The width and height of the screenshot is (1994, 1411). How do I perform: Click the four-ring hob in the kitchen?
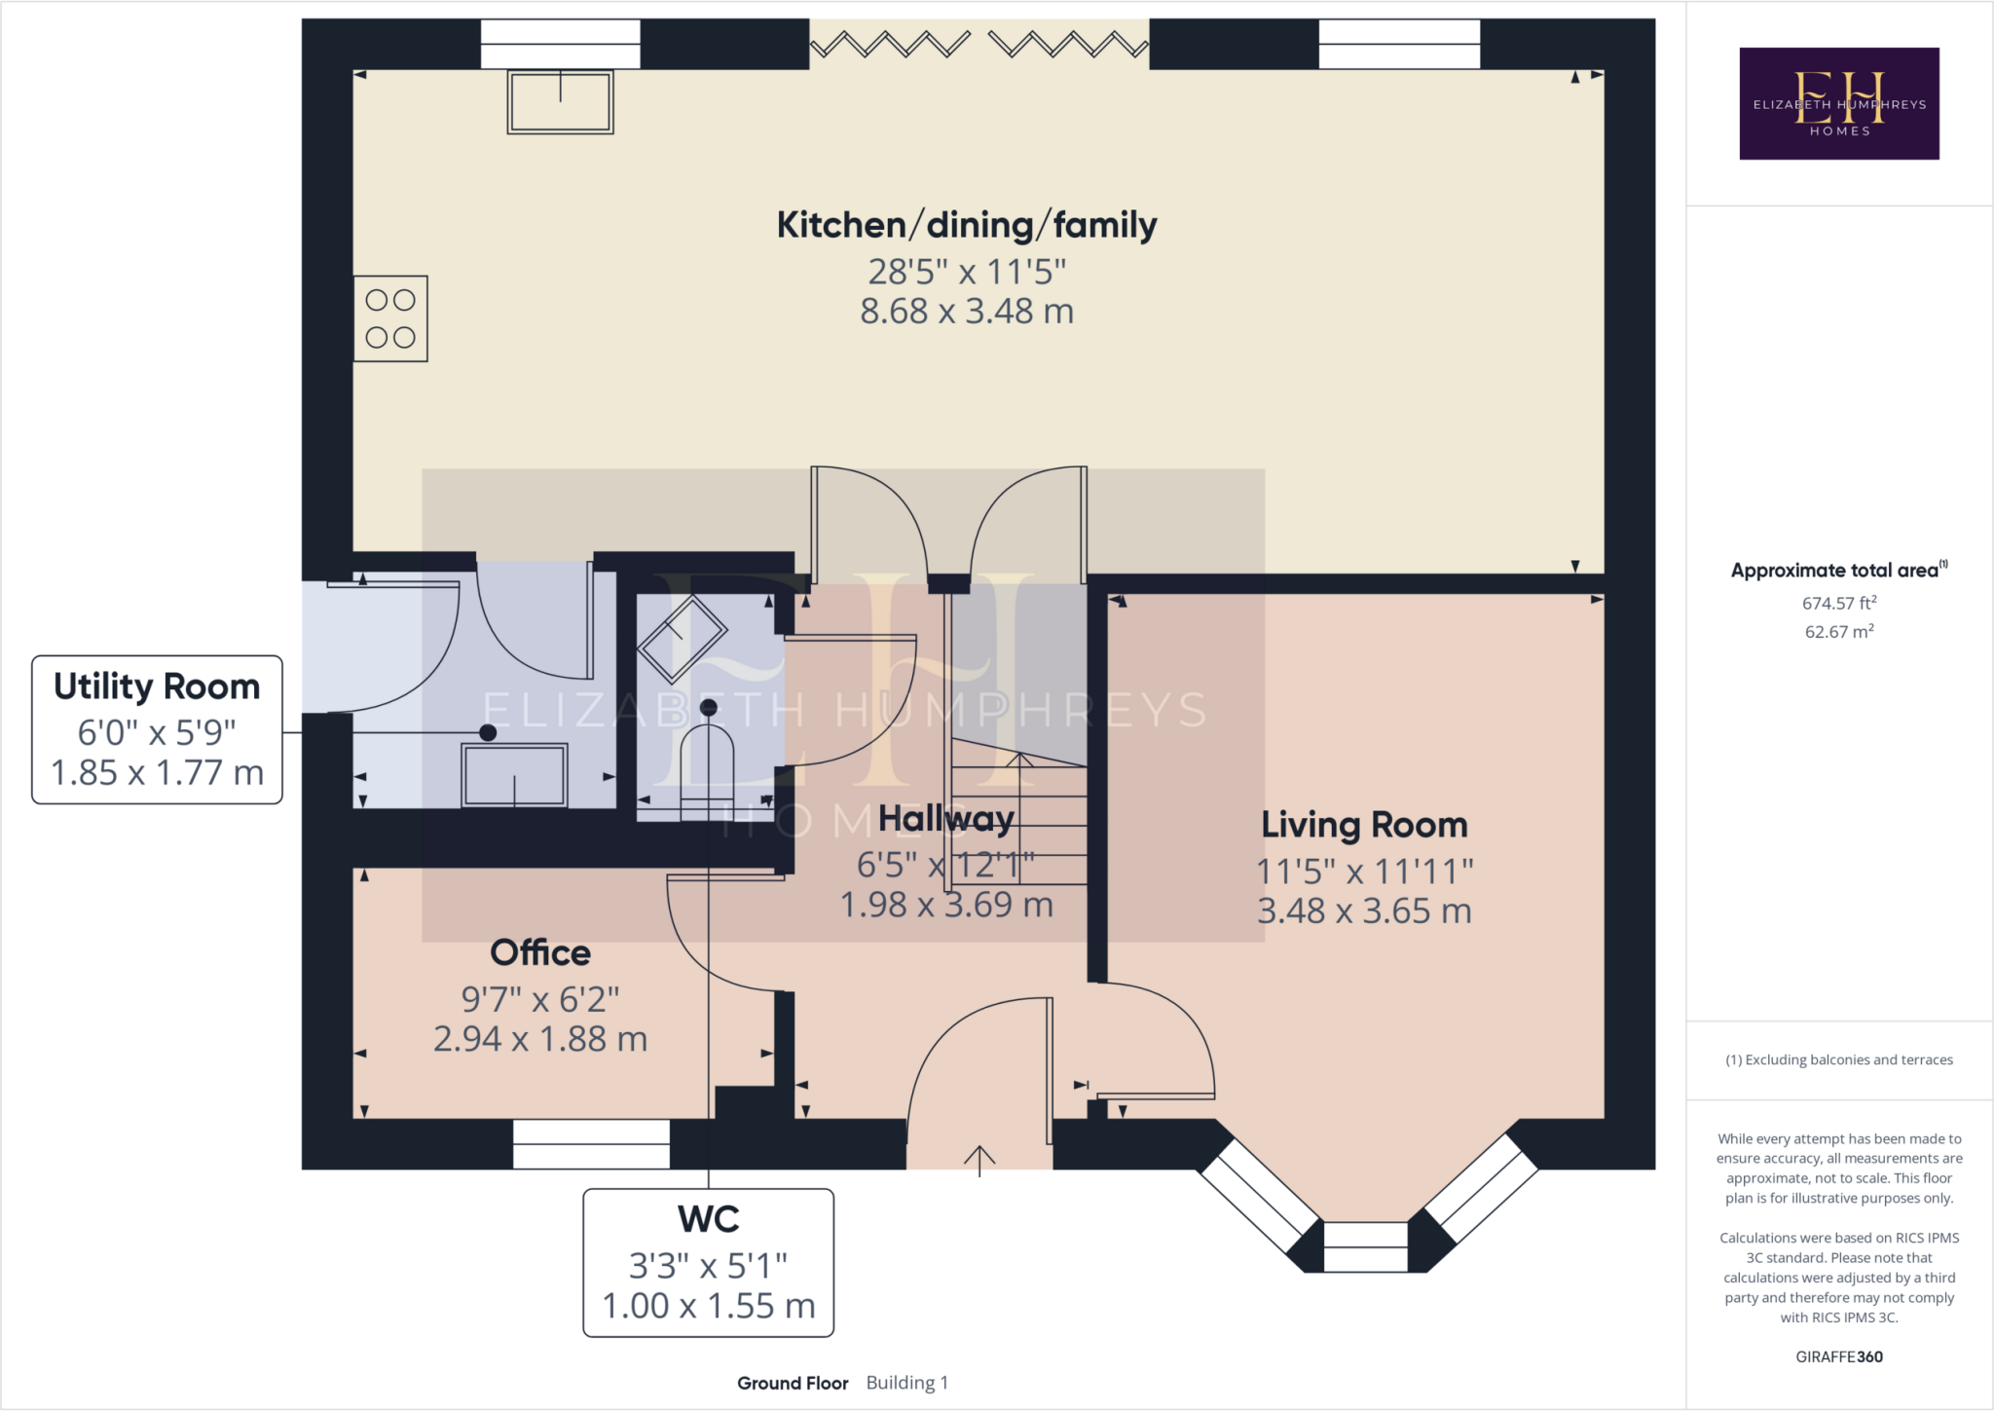(390, 318)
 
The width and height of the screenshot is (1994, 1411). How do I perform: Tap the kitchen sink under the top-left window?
(560, 101)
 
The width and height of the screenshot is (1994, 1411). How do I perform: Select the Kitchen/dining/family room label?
(966, 225)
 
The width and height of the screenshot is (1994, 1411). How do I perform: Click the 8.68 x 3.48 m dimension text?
(966, 312)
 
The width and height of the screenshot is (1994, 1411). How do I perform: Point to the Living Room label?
(1364, 825)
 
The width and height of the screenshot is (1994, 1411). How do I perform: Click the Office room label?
(540, 952)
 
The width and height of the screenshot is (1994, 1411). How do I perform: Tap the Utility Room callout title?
(157, 687)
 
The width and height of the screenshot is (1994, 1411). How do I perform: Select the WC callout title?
(708, 1219)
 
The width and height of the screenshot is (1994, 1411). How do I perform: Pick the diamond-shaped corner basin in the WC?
(682, 639)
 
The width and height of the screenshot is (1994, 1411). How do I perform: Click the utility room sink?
(514, 775)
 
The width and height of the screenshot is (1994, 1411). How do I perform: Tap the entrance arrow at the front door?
(979, 1159)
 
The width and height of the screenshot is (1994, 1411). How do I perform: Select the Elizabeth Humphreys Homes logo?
(1838, 103)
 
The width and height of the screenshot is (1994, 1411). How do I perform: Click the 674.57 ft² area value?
(1838, 603)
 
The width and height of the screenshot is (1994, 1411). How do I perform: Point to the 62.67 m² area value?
(1838, 631)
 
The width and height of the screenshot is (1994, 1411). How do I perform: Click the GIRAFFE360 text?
(1838, 1356)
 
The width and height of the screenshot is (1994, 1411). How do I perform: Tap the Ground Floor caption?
(793, 1383)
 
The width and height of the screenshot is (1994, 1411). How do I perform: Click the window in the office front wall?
(591, 1143)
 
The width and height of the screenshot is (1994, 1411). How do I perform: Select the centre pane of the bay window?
(1365, 1246)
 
